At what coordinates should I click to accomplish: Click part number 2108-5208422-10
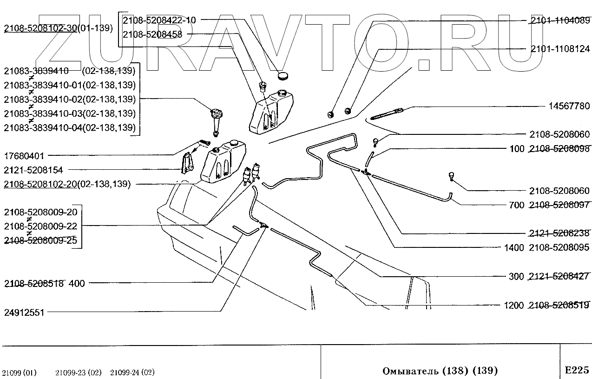pyautogui.click(x=159, y=20)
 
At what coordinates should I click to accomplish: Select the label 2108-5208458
pyautogui.click(x=152, y=34)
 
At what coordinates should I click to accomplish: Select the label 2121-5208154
pyautogui.click(x=33, y=170)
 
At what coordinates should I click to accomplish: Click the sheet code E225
pyautogui.click(x=577, y=370)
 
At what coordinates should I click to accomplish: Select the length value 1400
pyautogui.click(x=513, y=248)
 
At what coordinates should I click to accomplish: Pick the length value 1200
pyautogui.click(x=513, y=306)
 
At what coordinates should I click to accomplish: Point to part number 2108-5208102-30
pyautogui.click(x=40, y=28)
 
